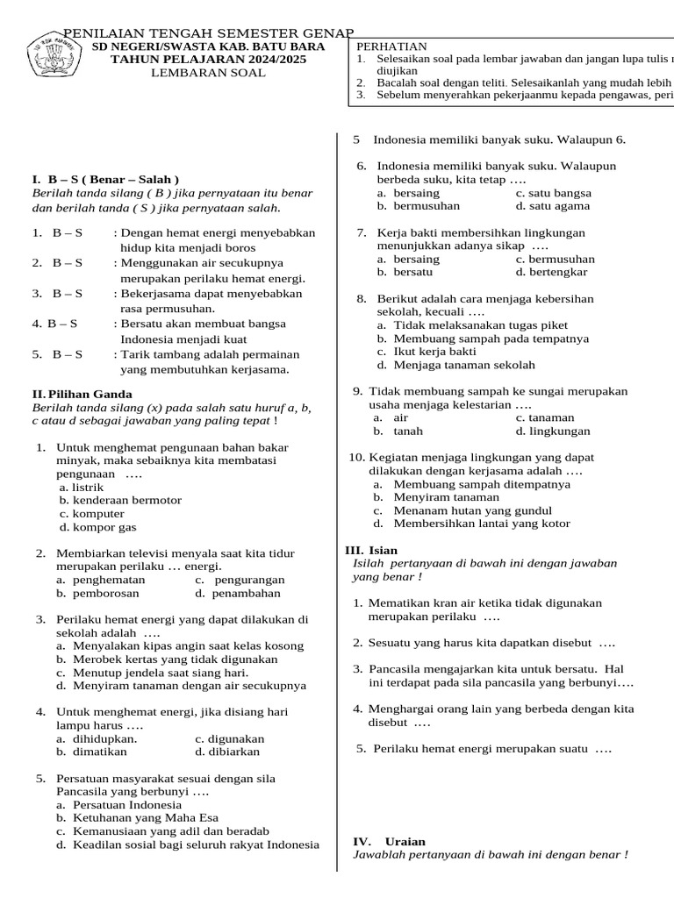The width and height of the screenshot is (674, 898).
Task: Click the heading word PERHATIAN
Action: [x=392, y=46]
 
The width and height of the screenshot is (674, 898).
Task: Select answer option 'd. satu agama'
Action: [x=553, y=206]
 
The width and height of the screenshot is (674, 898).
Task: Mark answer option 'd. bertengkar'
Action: [x=552, y=272]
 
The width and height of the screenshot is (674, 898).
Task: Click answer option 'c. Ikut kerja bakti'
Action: [x=427, y=352]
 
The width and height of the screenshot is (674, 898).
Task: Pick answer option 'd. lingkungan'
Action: [x=553, y=431]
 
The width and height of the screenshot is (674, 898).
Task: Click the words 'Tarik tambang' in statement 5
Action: [x=159, y=354]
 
